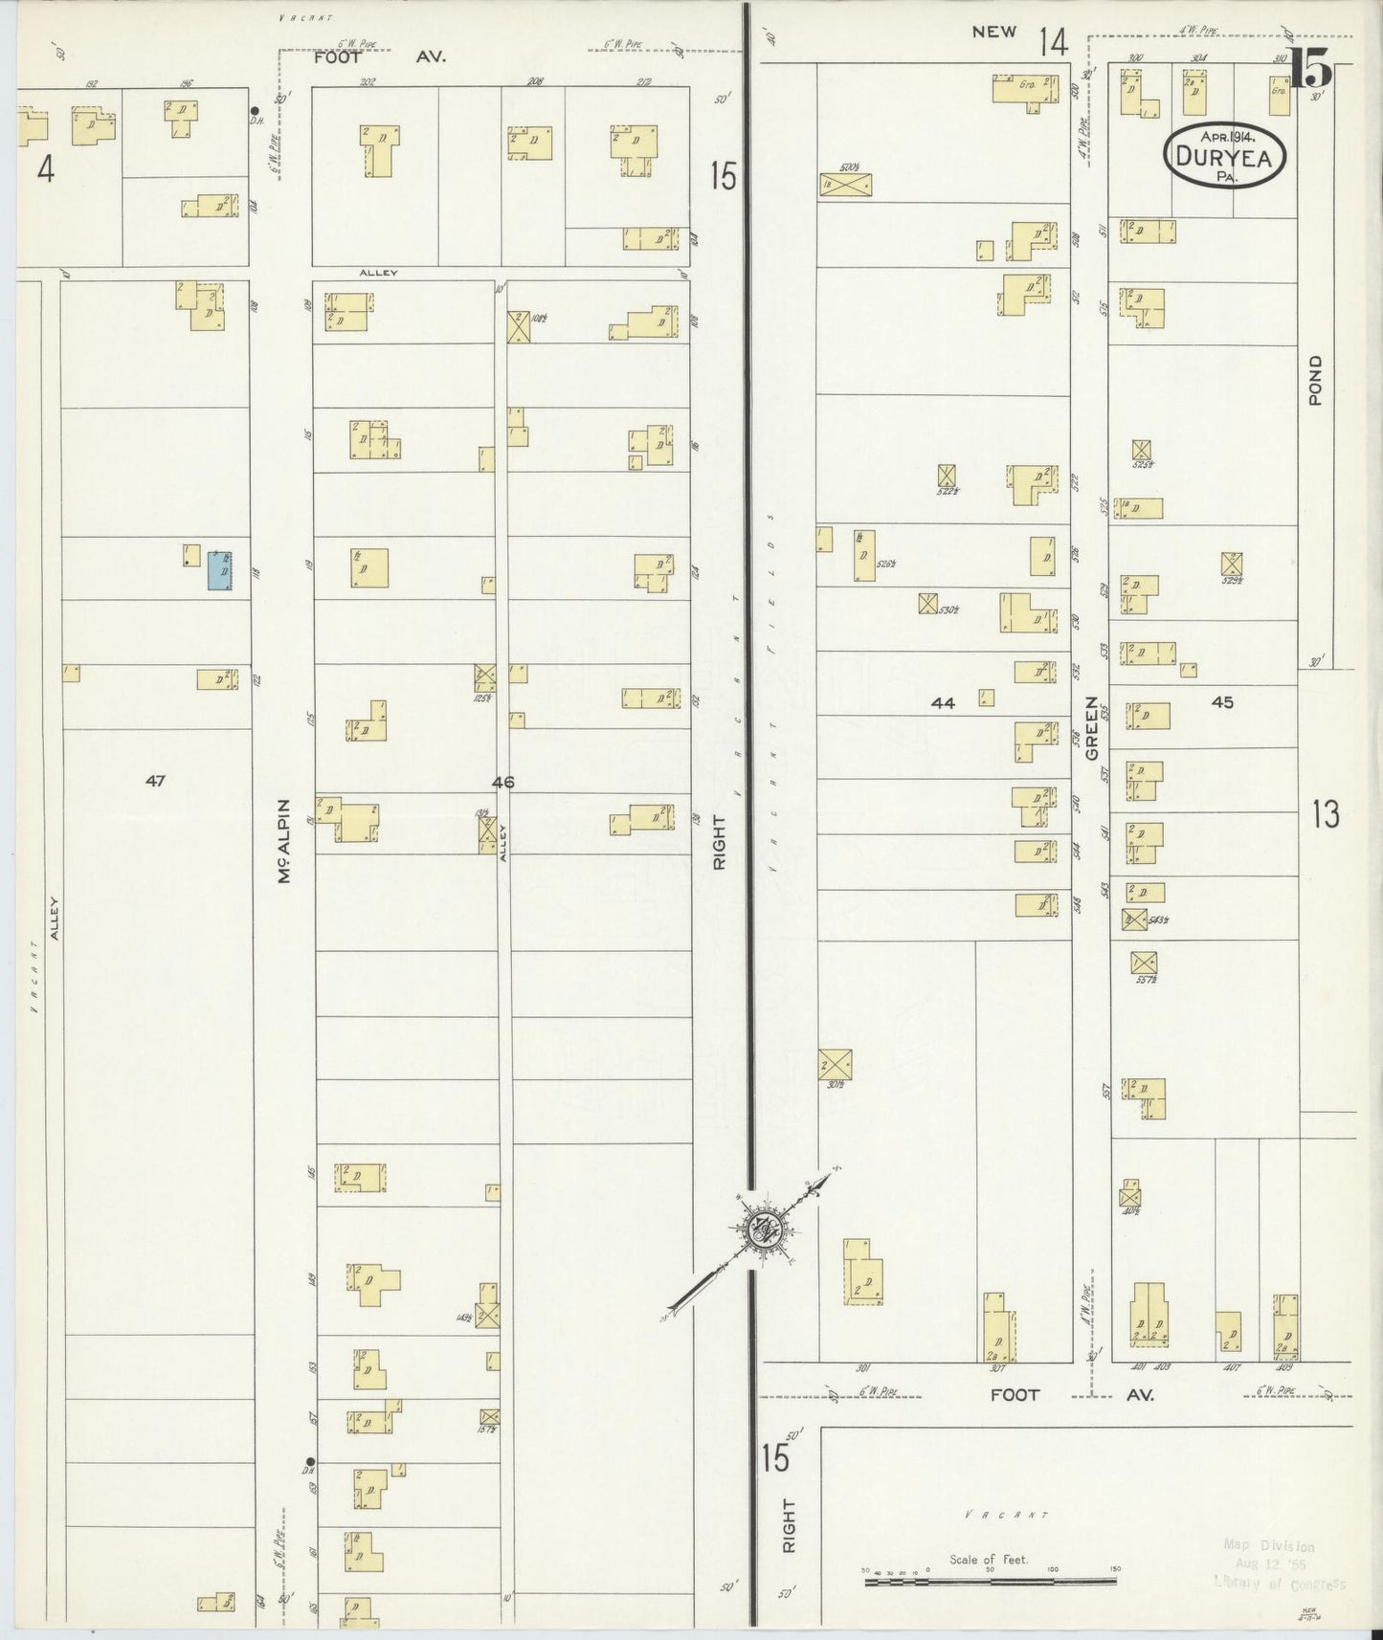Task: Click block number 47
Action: pos(155,781)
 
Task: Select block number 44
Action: pos(943,703)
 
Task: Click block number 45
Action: pos(1222,701)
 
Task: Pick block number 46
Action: pos(503,782)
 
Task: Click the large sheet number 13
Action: pos(1326,816)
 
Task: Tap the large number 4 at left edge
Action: pos(45,170)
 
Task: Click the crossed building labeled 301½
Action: pos(835,1064)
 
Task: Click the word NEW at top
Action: pos(993,33)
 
